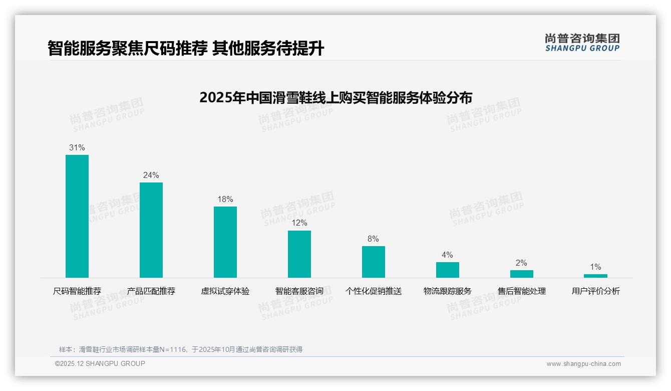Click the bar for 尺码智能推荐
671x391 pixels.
coord(77,216)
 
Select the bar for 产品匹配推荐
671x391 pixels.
coord(151,230)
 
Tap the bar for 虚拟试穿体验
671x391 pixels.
coord(225,242)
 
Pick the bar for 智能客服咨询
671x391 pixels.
coord(299,254)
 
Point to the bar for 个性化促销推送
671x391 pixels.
coord(374,262)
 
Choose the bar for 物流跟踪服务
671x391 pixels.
coord(447,270)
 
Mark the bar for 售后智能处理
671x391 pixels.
coord(521,274)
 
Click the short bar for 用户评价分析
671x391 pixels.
coord(595,276)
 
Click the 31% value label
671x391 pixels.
coord(77,147)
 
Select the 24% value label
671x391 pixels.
coord(151,175)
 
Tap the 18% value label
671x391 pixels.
coord(225,199)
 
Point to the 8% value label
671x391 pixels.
coord(374,239)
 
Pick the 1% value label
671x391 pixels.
coord(595,267)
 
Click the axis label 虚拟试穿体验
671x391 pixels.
coord(225,291)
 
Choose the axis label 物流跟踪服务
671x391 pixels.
coord(447,291)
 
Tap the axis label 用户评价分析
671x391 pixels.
coord(595,291)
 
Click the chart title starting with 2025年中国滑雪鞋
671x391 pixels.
coord(335,98)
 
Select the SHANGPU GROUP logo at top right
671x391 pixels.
coord(582,43)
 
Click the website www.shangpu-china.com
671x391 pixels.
coord(583,364)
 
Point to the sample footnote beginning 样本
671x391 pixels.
coord(181,349)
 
